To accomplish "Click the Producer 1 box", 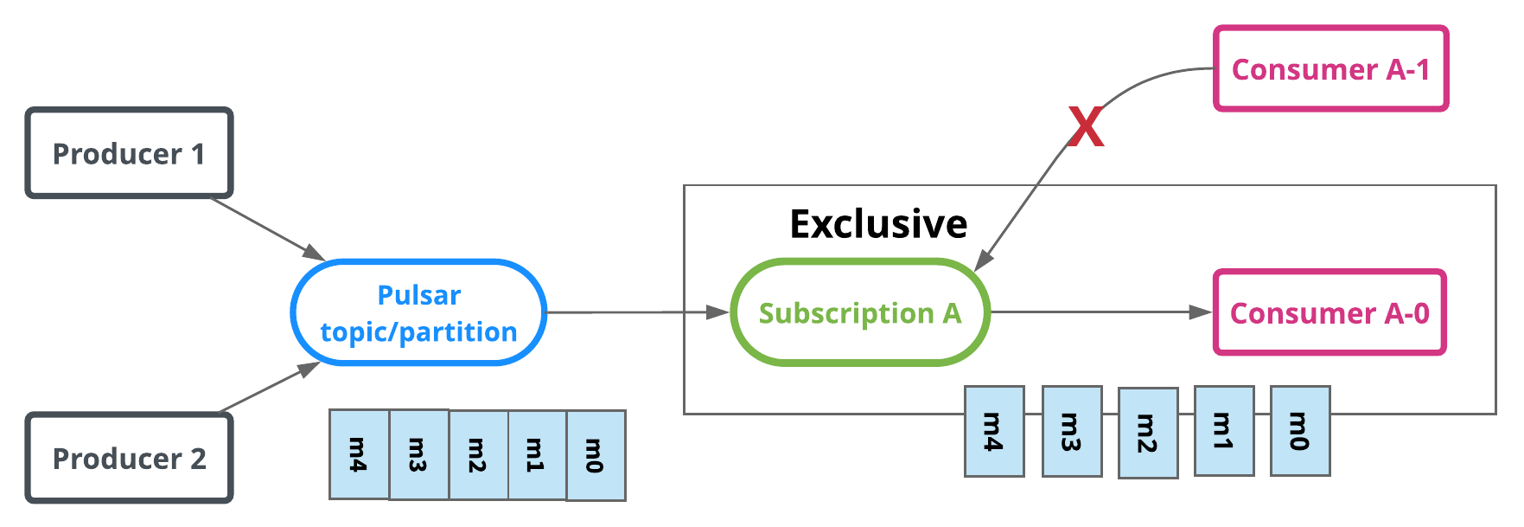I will click(x=129, y=153).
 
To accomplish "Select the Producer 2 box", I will click(x=129, y=458).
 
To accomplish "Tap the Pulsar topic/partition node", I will click(x=418, y=312).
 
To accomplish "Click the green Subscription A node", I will click(x=859, y=312).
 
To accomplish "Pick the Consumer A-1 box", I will click(x=1330, y=68).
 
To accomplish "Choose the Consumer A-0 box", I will click(x=1329, y=312).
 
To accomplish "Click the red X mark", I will click(x=1086, y=127).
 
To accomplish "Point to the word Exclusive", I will click(x=877, y=224).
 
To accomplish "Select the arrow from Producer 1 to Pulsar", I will click(x=268, y=229).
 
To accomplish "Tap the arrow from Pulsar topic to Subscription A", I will click(x=638, y=312).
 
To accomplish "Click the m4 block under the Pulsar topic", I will click(x=359, y=454).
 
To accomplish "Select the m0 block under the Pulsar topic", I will click(x=596, y=455).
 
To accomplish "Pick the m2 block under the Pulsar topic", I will click(x=478, y=455).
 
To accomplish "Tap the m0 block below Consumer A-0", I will click(x=1299, y=431).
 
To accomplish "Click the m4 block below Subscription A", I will click(x=994, y=431).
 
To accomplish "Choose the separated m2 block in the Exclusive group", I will click(x=1147, y=433).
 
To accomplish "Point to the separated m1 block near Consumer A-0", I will click(x=1223, y=431).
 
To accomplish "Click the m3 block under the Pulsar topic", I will click(x=418, y=454).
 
